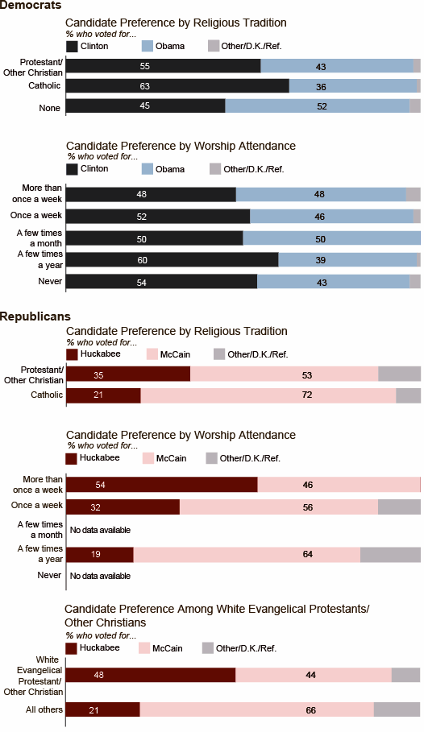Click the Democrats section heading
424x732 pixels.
click(x=31, y=5)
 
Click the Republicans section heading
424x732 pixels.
click(x=35, y=316)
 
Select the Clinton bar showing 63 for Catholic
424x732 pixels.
click(x=177, y=86)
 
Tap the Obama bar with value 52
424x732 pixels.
click(x=318, y=106)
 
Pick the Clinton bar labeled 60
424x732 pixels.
click(x=173, y=260)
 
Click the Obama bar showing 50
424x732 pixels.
click(x=332, y=238)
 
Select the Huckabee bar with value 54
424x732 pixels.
click(x=162, y=485)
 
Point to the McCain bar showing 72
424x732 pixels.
click(x=268, y=395)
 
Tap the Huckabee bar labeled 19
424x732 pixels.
click(x=100, y=554)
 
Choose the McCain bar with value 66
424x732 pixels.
click(x=256, y=709)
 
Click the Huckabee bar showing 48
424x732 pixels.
click(x=151, y=675)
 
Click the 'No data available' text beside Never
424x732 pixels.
click(x=100, y=576)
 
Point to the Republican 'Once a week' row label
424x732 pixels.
click(x=37, y=505)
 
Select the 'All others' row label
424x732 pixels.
click(x=44, y=709)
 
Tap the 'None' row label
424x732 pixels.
click(x=49, y=108)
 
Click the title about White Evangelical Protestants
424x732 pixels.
click(x=217, y=615)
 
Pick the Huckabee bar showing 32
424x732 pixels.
click(x=123, y=507)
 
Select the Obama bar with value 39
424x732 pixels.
click(x=347, y=260)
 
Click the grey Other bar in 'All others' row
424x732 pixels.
click(x=397, y=709)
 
